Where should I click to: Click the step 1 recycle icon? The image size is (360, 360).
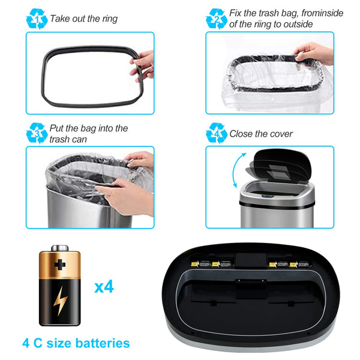pos(37,19)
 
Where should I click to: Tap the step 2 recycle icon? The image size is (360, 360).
pos(216,19)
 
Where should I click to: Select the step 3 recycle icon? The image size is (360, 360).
pos(37,133)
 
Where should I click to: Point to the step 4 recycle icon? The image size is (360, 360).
pos(216,133)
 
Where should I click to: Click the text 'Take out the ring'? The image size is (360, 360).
pos(83,19)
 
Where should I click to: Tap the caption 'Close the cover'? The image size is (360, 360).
pos(261,133)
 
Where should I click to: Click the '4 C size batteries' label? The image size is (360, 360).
pos(76,343)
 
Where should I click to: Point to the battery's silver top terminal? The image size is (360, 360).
pos(61,247)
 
